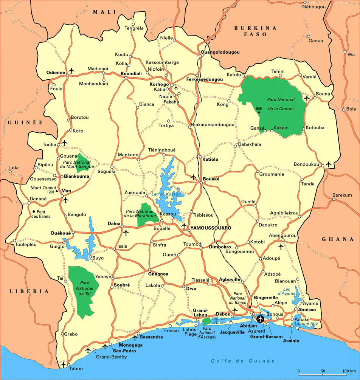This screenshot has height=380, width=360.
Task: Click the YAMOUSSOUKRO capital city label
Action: pyautogui.click(x=211, y=228)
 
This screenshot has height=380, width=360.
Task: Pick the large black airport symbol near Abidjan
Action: pyautogui.click(x=260, y=319)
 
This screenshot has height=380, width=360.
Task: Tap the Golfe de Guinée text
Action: pyautogui.click(x=243, y=361)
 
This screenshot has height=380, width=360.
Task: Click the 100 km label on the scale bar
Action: pyautogui.click(x=348, y=370)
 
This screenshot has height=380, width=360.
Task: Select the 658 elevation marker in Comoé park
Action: pyautogui.click(x=259, y=109)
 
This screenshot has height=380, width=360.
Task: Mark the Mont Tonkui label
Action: pyautogui.click(x=43, y=188)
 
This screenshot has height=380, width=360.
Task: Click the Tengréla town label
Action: pyautogui.click(x=134, y=28)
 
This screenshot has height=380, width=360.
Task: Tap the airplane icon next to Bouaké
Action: pyautogui.click(x=194, y=177)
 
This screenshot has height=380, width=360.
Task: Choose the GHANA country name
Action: pyautogui.click(x=337, y=239)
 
